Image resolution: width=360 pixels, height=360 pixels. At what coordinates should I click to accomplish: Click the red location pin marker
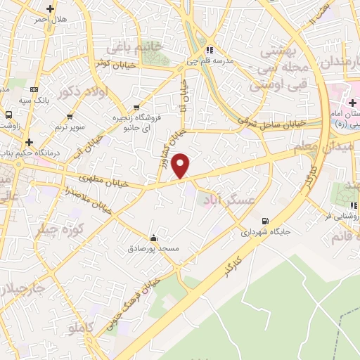pyautogui.click(x=181, y=165)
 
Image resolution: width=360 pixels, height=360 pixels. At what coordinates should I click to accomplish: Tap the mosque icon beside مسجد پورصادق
pyautogui.click(x=154, y=237)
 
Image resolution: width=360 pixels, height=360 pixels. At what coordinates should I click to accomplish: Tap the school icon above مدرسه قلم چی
pyautogui.click(x=210, y=51)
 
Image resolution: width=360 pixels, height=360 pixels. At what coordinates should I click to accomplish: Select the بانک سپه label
pyautogui.click(x=34, y=100)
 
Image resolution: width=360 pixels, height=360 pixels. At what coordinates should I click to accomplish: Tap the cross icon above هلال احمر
pyautogui.click(x=49, y=8)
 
